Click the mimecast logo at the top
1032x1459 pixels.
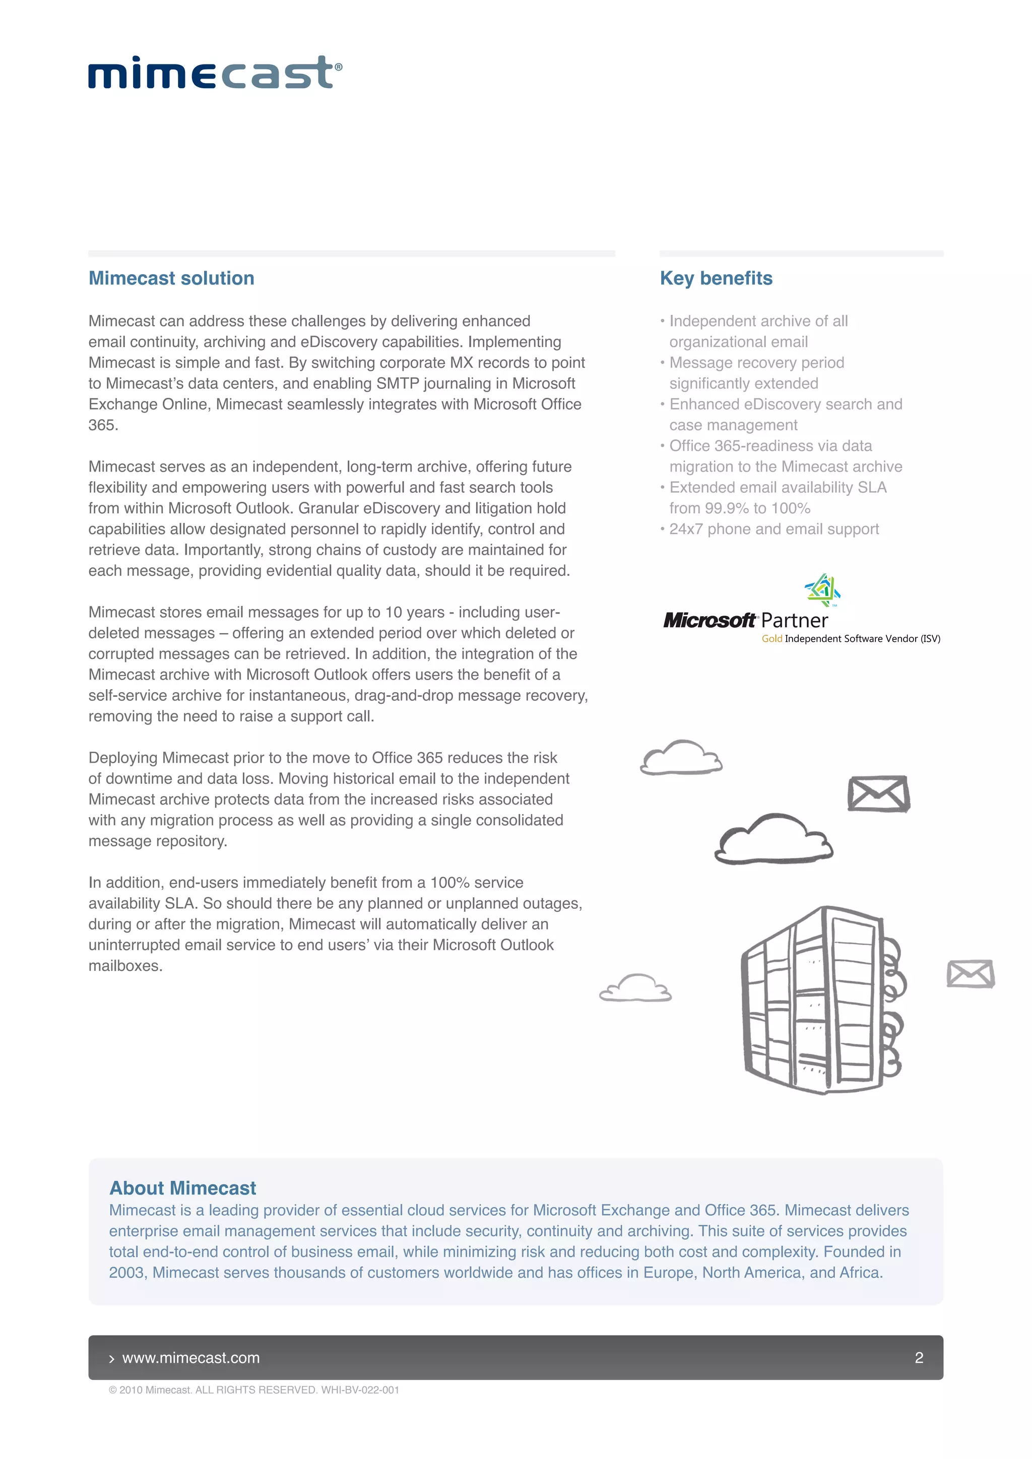[215, 73]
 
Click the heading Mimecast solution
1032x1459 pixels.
[171, 278]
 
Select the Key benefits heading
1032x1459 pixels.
[716, 278]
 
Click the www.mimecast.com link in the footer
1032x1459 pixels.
[190, 1357]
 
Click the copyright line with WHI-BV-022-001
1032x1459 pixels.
[254, 1390]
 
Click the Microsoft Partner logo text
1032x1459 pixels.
[745, 620]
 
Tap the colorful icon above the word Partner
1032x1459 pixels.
[823, 590]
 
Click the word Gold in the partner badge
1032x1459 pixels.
[771, 639]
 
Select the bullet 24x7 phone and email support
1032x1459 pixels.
[773, 529]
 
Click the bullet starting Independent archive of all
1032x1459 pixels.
[758, 321]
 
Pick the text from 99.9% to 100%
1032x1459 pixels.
[740, 508]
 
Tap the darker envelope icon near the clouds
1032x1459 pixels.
[878, 793]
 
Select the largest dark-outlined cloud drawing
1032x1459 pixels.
[773, 839]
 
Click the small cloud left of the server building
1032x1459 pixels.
[635, 989]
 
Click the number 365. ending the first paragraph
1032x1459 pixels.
[103, 425]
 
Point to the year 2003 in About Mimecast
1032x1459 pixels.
[126, 1273]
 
